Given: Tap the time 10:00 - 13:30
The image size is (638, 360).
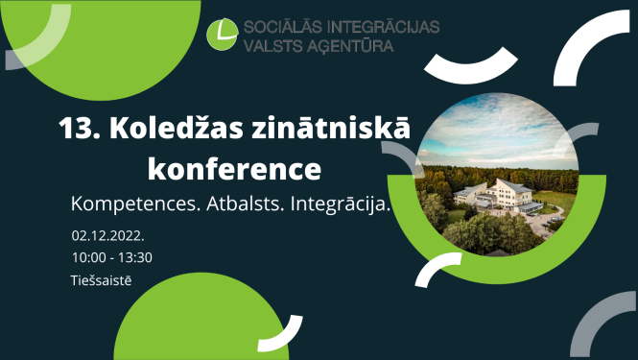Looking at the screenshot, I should (111, 256).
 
